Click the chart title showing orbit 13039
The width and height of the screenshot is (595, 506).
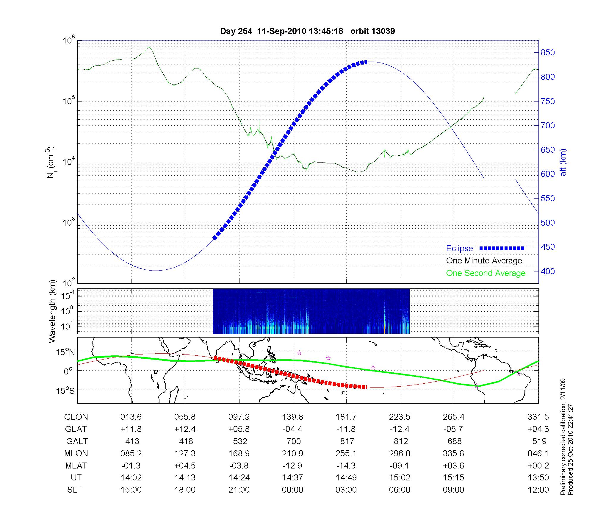pos(307,31)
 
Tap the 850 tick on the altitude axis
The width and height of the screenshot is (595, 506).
pos(548,53)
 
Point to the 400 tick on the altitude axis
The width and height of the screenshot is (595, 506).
pos(548,271)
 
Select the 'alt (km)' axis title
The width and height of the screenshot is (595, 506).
pos(563,162)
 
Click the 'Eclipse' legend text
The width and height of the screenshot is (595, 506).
pos(459,248)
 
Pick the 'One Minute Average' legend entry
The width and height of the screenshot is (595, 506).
pos(484,261)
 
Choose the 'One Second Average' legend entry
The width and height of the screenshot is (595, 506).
pos(486,273)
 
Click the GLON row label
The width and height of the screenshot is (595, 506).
pos(76,417)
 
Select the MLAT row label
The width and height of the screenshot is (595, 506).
pos(76,466)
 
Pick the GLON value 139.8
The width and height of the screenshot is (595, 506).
pos(292,417)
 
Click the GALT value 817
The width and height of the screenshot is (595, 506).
pos(347,441)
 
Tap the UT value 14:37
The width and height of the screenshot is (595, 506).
pos(292,478)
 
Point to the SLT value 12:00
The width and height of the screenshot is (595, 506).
pos(539,490)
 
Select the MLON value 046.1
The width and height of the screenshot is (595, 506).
pos(539,453)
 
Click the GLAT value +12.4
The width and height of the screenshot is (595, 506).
pos(185,429)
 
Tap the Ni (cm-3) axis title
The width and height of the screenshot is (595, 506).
pos(51,162)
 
